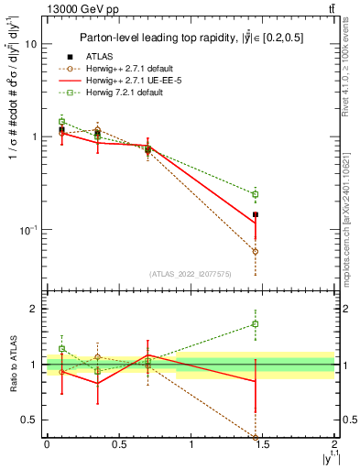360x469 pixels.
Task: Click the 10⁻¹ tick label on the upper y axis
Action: pos(27,229)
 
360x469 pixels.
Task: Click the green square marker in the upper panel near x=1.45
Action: pos(256,194)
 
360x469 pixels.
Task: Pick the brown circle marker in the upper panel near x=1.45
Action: pos(256,251)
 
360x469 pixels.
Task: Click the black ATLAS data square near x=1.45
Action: pos(256,214)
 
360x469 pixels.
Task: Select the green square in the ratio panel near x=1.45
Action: pos(256,323)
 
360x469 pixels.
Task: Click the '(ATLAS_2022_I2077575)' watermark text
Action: pos(190,273)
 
